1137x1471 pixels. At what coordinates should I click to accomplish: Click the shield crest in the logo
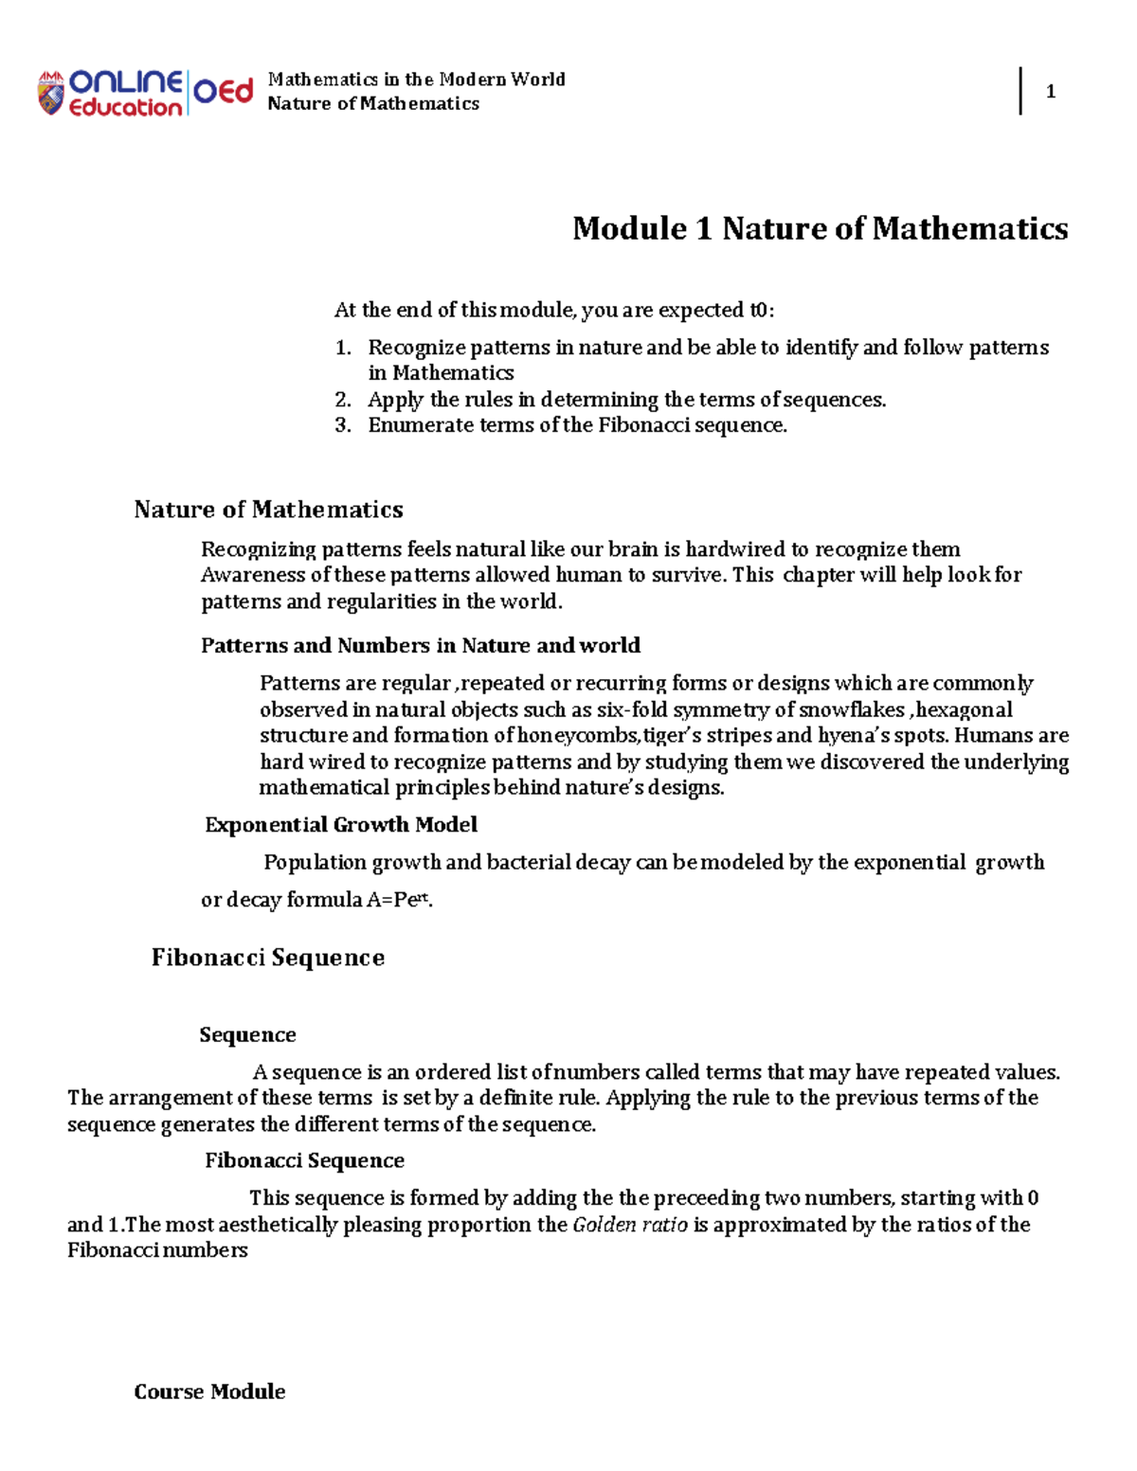tap(50, 94)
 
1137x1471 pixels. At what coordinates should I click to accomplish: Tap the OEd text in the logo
tap(224, 91)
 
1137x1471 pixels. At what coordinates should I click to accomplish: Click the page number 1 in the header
tap(1050, 92)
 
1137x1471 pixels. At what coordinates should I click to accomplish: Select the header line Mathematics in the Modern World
tap(416, 80)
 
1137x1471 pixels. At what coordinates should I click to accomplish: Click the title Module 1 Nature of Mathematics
tap(820, 228)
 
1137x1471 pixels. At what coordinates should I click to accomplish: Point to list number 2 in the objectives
tap(343, 400)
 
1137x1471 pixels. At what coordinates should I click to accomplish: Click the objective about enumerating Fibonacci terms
tap(577, 425)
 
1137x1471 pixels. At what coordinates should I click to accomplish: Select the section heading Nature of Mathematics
tap(268, 510)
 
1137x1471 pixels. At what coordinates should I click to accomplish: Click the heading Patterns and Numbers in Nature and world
tap(420, 646)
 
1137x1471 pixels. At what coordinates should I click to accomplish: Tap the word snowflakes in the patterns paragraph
tap(851, 709)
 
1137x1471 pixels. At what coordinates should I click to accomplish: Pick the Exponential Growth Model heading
tap(341, 825)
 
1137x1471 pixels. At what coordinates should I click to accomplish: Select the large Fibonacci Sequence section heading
tap(268, 958)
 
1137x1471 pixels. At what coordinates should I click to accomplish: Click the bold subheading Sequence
tap(247, 1034)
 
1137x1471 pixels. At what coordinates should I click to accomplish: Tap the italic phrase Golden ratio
tap(630, 1225)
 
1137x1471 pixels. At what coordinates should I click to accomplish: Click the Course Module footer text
tap(209, 1391)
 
